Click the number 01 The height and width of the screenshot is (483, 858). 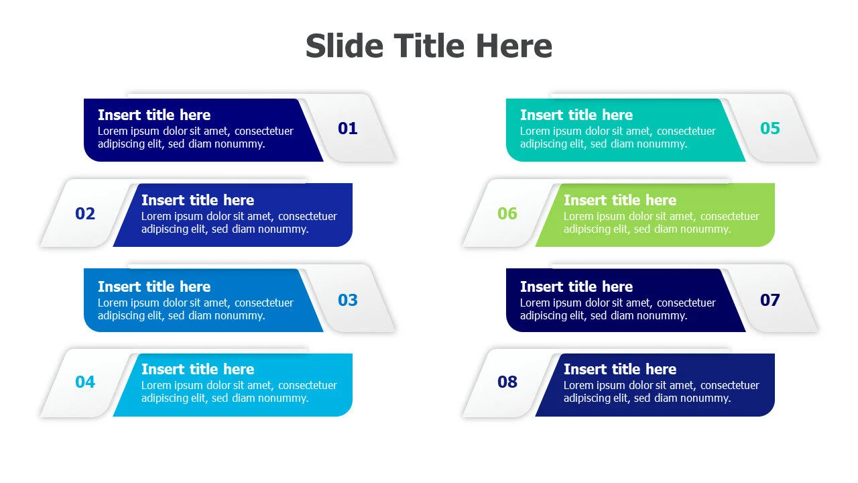(347, 128)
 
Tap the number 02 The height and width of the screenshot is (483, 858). (85, 213)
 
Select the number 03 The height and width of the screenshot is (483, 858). (347, 300)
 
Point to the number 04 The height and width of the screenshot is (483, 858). (85, 382)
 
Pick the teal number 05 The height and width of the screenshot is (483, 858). (770, 128)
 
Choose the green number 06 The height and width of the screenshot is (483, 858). (507, 213)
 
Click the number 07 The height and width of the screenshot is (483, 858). (770, 300)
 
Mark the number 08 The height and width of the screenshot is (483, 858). (507, 382)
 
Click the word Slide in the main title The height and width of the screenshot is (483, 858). (345, 46)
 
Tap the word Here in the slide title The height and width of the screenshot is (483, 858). (513, 46)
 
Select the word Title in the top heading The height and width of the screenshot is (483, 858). (429, 46)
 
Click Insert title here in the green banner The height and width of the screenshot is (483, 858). (620, 200)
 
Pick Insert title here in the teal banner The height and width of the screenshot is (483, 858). (576, 115)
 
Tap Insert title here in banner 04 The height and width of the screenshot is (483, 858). (198, 369)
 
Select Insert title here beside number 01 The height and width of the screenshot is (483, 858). (154, 115)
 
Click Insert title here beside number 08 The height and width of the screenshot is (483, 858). (620, 369)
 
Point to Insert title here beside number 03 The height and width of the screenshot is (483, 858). (154, 286)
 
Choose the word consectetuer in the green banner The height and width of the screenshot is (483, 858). (730, 216)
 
